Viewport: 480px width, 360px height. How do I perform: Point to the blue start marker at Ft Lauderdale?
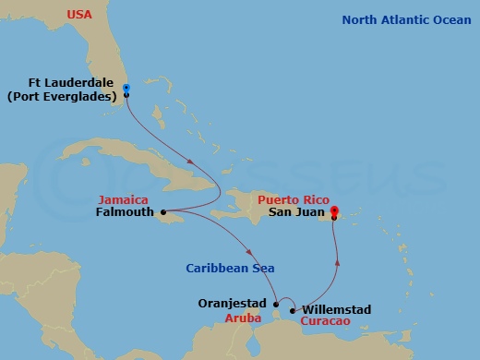[126, 88]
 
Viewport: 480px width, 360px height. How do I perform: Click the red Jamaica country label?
[120, 198]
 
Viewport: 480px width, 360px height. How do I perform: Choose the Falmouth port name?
[126, 211]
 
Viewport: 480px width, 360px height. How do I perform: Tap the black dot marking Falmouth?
[163, 212]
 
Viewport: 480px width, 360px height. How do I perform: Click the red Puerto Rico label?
[292, 198]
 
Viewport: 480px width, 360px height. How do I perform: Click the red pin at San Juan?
[334, 210]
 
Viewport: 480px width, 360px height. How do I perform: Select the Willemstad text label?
[337, 309]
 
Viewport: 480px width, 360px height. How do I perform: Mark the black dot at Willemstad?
[294, 310]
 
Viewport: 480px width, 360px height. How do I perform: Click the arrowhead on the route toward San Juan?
[337, 262]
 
